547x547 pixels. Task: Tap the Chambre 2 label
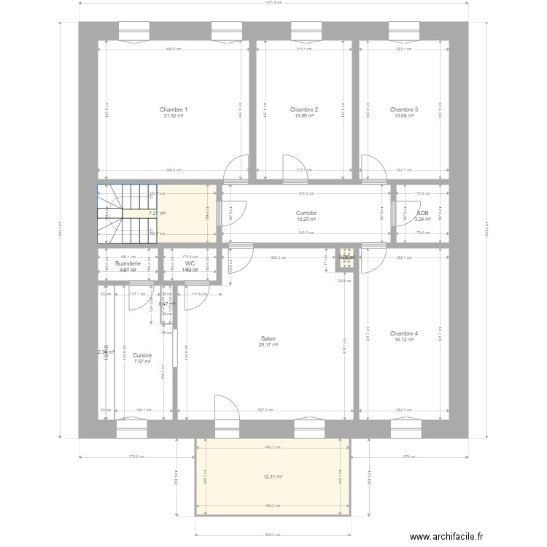click(x=303, y=110)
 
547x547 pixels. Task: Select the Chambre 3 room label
click(x=403, y=110)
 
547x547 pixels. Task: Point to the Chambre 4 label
click(x=403, y=333)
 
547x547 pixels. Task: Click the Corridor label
click(x=306, y=213)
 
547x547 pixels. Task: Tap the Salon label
click(x=268, y=338)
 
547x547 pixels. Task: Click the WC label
click(x=190, y=263)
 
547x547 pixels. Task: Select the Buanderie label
click(x=128, y=263)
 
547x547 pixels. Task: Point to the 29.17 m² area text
click(x=268, y=344)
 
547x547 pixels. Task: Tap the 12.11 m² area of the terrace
click(x=273, y=477)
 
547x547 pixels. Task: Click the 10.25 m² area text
click(x=306, y=219)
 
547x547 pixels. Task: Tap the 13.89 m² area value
click(x=303, y=116)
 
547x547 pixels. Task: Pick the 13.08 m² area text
click(x=403, y=116)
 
